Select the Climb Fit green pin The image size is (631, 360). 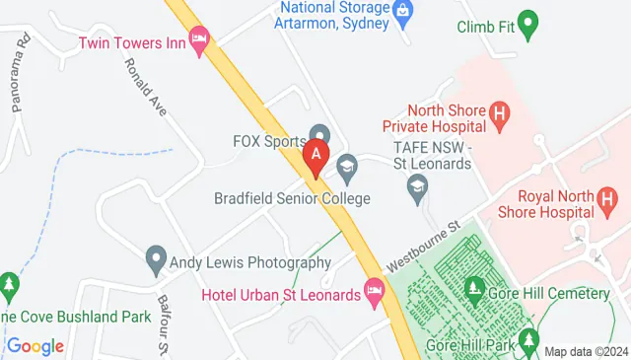coord(528,25)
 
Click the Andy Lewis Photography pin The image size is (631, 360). coord(155,261)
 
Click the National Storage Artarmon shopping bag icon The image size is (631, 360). coord(402,11)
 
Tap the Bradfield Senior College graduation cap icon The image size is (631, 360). coord(346,169)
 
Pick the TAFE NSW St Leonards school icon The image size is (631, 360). coord(418,185)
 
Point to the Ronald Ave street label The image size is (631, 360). coord(143,86)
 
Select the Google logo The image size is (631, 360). coord(35,346)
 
